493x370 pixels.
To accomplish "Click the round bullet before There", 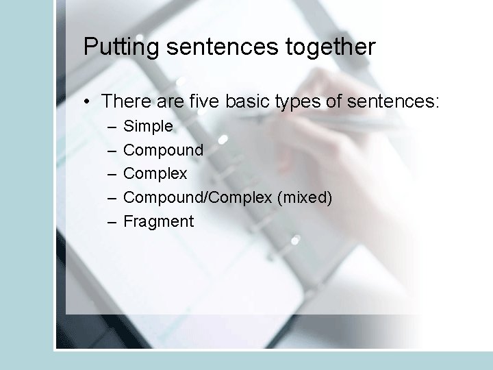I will click(89, 103).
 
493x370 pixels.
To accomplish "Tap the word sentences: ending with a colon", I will click(393, 102).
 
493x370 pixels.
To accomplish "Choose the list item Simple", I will click(148, 127).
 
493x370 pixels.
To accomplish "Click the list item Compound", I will click(163, 150).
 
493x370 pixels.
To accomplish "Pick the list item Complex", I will click(155, 174).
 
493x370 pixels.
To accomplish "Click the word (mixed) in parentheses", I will click(305, 198).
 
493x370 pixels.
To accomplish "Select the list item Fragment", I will click(158, 221).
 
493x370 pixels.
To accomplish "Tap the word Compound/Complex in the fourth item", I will click(198, 198).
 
